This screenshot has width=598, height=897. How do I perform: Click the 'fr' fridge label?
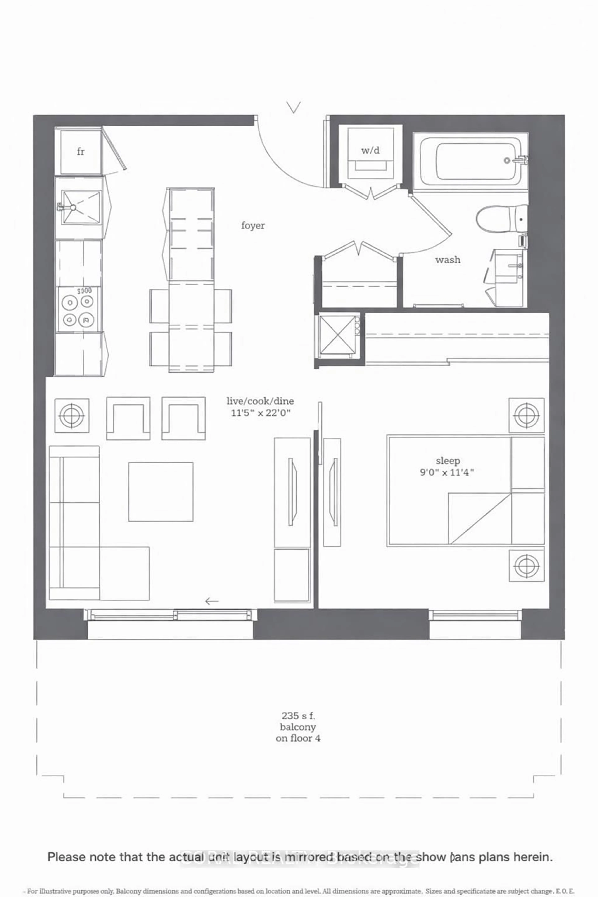[x=81, y=152]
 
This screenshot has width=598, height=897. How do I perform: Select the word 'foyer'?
[x=253, y=225]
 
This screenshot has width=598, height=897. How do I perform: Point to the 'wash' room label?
[x=448, y=260]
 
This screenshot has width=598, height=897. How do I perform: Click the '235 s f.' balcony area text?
[x=298, y=716]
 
